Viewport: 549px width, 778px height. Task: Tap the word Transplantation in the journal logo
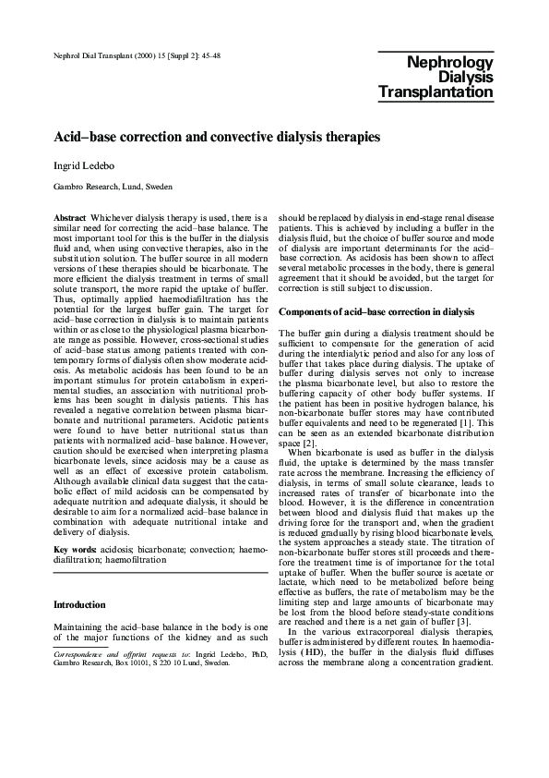(x=436, y=92)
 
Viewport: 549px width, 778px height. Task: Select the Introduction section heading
(x=80, y=605)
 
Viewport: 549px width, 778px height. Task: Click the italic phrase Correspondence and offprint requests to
(x=110, y=654)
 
